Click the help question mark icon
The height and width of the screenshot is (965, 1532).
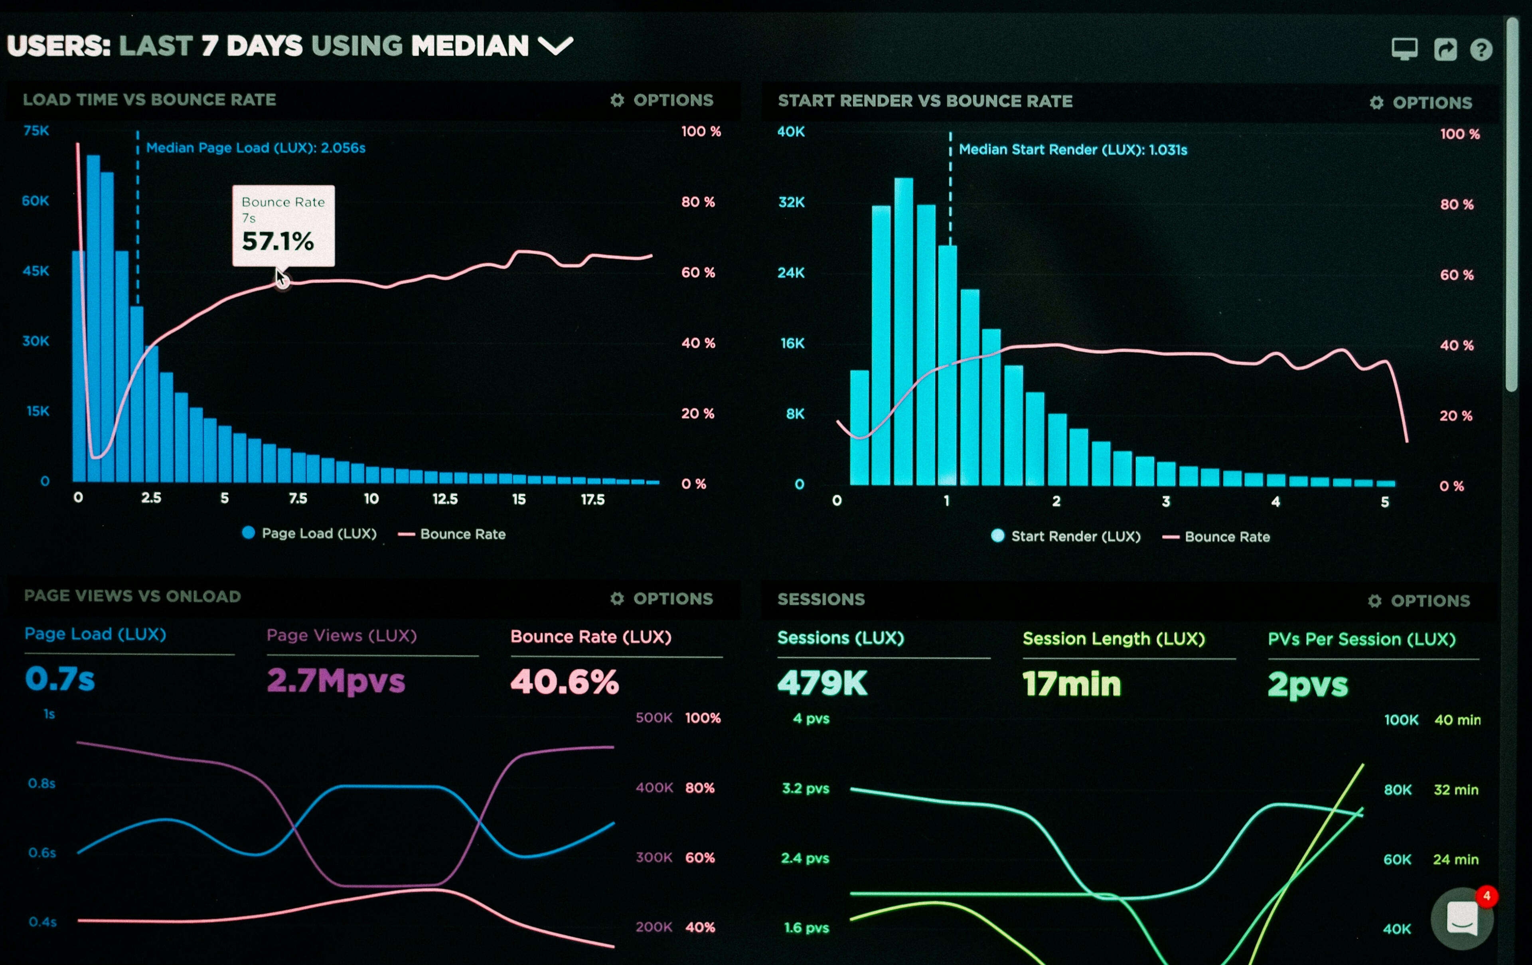[1481, 49]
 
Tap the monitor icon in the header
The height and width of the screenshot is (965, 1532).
[1404, 48]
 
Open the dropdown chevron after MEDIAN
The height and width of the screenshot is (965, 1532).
[555, 46]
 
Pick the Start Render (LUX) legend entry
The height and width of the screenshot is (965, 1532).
[1066, 536]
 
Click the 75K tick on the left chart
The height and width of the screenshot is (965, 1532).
[36, 131]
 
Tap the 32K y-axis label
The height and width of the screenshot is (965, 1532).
[792, 202]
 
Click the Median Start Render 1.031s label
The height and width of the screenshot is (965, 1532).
[1073, 150]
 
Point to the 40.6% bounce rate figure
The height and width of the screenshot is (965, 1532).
[564, 682]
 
